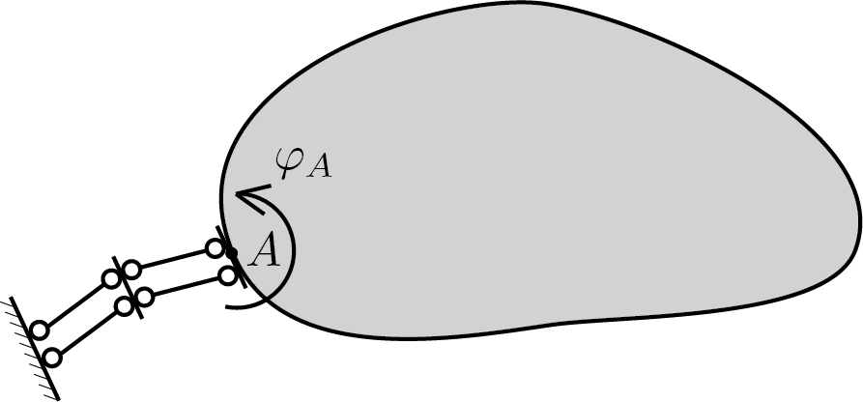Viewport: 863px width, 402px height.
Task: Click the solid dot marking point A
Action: point(232,253)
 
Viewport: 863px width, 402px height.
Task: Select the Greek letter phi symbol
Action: point(290,163)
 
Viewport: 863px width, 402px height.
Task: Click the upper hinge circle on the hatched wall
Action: point(39,330)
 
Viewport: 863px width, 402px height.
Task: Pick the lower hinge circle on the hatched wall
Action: point(52,358)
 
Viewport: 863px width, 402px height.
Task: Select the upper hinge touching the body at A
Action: point(215,248)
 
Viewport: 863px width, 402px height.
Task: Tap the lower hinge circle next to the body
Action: point(228,275)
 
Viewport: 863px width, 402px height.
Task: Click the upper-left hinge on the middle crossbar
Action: point(111,278)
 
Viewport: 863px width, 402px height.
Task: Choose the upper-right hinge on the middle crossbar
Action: point(131,270)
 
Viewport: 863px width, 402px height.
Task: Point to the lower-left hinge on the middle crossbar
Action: point(125,306)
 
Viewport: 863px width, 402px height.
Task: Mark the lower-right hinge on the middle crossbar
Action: point(145,298)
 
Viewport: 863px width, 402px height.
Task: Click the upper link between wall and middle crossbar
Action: point(75,304)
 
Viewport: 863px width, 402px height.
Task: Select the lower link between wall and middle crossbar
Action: point(89,332)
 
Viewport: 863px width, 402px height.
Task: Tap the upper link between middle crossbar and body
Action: point(173,259)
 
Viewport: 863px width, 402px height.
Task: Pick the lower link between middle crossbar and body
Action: point(187,286)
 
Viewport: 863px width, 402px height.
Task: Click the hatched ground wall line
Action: point(34,349)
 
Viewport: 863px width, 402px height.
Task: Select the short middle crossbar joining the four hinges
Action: point(128,287)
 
